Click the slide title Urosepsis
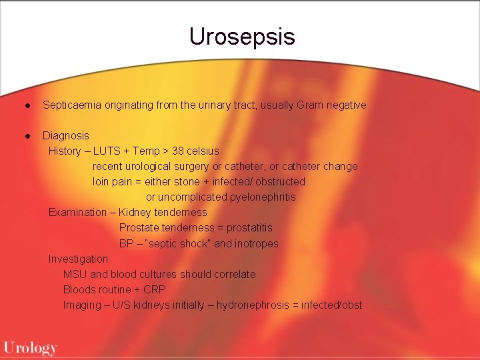point(241,37)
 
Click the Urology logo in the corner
point(30,347)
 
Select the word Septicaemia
point(71,105)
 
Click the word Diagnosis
point(65,135)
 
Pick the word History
point(65,151)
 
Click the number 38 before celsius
point(178,151)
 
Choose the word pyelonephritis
point(263,197)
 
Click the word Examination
point(77,212)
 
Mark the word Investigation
point(78,259)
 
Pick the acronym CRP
point(154,289)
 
